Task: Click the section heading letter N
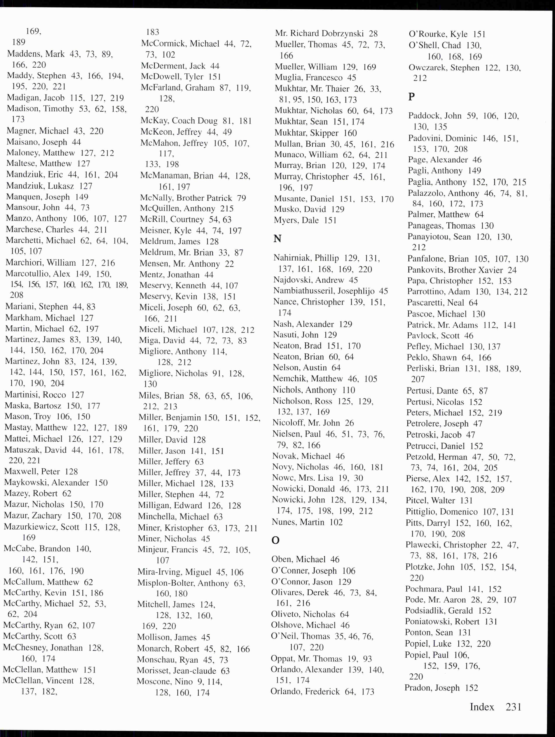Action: (277, 238)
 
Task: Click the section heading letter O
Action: (275, 540)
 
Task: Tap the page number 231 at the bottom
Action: (513, 707)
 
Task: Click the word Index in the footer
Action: (482, 707)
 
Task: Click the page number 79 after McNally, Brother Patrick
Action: (241, 198)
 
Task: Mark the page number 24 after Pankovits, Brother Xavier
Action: (512, 270)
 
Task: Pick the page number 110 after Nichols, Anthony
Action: (349, 390)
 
